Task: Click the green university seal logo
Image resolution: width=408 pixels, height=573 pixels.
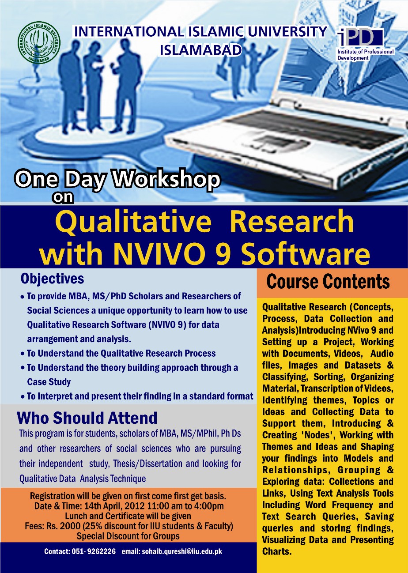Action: tap(39, 42)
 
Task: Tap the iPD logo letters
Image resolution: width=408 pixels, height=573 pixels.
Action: tap(360, 38)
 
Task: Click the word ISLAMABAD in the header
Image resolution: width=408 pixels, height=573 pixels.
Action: tap(201, 50)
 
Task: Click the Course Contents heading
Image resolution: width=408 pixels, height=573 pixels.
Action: tap(328, 281)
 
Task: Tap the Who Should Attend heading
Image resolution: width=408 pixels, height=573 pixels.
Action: tap(87, 418)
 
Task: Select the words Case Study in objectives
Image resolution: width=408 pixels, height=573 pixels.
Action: tap(49, 382)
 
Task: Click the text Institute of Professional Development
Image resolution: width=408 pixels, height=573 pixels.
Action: tap(366, 55)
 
